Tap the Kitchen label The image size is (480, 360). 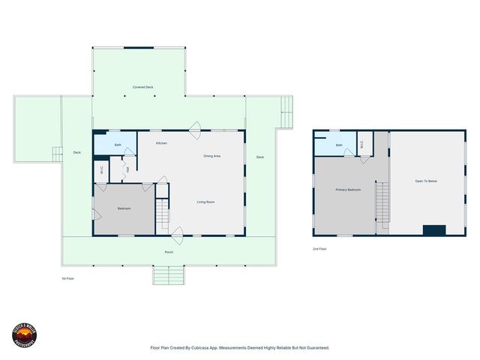coord(161,142)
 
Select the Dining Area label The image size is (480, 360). coord(211,156)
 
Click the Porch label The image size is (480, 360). coord(169,252)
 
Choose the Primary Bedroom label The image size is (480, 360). coord(348,190)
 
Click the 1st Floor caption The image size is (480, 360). coord(67,277)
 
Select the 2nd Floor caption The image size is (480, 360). coord(319,248)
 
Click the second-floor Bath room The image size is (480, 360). coord(338,145)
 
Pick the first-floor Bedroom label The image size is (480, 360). coord(124,208)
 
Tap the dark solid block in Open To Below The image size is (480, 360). coord(433,229)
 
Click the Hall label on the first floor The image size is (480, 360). coord(127,169)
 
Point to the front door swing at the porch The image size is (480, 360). coord(178,238)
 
